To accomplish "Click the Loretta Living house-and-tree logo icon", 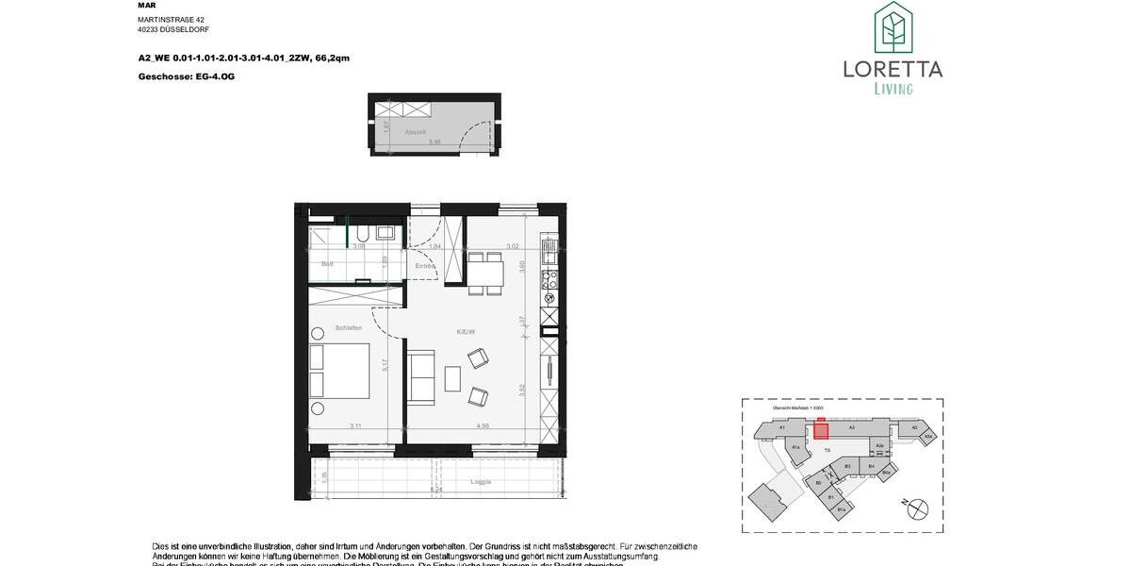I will click(x=893, y=26).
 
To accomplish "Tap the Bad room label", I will click(x=327, y=264).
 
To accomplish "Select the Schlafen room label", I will click(x=348, y=327).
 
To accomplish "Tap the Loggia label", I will click(x=482, y=482).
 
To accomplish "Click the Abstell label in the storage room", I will click(x=416, y=132).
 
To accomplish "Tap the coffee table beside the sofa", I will click(x=452, y=378).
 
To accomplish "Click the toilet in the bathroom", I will click(x=362, y=234).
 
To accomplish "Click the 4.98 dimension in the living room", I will click(x=483, y=425).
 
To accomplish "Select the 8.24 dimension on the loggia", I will click(x=435, y=491).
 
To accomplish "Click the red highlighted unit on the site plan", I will click(x=821, y=431).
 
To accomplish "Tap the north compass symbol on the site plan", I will click(x=916, y=508).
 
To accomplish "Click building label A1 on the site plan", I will click(x=782, y=427).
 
